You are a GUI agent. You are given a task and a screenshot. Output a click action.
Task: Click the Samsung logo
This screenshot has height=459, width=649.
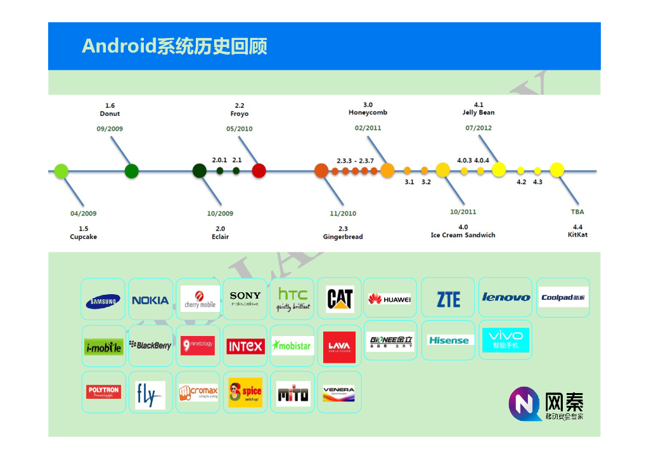pyautogui.click(x=103, y=301)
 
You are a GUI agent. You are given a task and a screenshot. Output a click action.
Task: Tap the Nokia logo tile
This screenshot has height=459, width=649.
pyautogui.click(x=150, y=300)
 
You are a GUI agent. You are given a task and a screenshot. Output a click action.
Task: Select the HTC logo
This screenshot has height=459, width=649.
pyautogui.click(x=293, y=299)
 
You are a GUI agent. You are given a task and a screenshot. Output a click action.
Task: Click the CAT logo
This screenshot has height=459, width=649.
pyautogui.click(x=340, y=299)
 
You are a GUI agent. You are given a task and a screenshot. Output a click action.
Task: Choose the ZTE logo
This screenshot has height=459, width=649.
pyautogui.click(x=448, y=299)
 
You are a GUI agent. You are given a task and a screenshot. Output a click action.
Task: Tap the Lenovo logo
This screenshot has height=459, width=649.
pyautogui.click(x=506, y=297)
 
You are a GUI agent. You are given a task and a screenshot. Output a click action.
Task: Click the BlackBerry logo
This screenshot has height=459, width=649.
pyautogui.click(x=150, y=346)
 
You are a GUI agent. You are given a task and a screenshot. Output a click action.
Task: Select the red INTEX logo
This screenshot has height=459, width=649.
pyautogui.click(x=245, y=346)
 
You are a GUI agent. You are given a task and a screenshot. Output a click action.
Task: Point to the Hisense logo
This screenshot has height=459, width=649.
pyautogui.click(x=448, y=340)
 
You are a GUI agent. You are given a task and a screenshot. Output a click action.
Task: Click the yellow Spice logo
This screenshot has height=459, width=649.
pyautogui.click(x=245, y=392)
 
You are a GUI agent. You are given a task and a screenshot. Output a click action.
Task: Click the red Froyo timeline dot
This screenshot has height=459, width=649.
pyautogui.click(x=259, y=171)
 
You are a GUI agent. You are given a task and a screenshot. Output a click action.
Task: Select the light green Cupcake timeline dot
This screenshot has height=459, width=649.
pyautogui.click(x=61, y=171)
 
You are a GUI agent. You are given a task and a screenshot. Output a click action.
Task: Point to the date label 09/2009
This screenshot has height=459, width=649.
pyautogui.click(x=110, y=129)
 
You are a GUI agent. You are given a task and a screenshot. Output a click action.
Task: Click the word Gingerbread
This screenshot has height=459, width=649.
pyautogui.click(x=343, y=237)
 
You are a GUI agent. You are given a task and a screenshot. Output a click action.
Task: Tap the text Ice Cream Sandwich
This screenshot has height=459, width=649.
pyautogui.click(x=463, y=235)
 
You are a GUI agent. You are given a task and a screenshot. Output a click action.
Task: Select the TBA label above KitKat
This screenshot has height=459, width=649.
pyautogui.click(x=577, y=212)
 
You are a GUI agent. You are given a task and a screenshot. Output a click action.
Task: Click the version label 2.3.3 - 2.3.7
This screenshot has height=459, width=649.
pyautogui.click(x=355, y=161)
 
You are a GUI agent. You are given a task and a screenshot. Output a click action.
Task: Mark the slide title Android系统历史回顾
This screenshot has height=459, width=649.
pyautogui.click(x=174, y=46)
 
